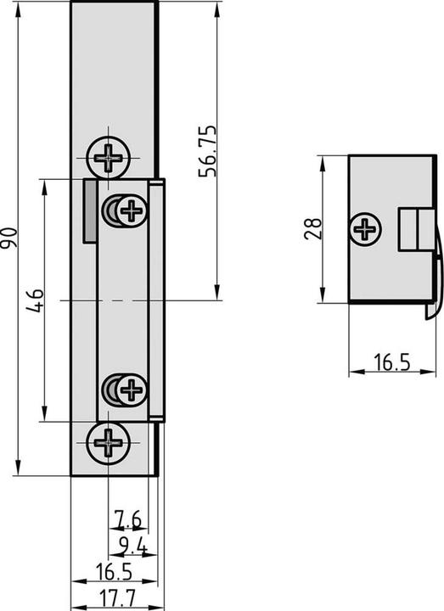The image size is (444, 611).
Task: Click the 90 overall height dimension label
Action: coord(9,238)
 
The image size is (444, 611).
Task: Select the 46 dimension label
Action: coord(35,300)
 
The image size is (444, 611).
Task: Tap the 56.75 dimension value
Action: coord(207,151)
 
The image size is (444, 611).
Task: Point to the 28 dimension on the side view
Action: coord(311,227)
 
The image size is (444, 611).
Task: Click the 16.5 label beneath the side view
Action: coord(391,363)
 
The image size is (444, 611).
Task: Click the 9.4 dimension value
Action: coord(133,544)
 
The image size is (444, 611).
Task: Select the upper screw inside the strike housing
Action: coord(130,210)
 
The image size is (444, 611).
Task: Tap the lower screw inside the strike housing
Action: coord(130,390)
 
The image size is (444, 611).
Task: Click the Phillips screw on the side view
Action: coord(365,228)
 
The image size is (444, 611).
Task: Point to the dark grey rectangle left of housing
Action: coord(88,210)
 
